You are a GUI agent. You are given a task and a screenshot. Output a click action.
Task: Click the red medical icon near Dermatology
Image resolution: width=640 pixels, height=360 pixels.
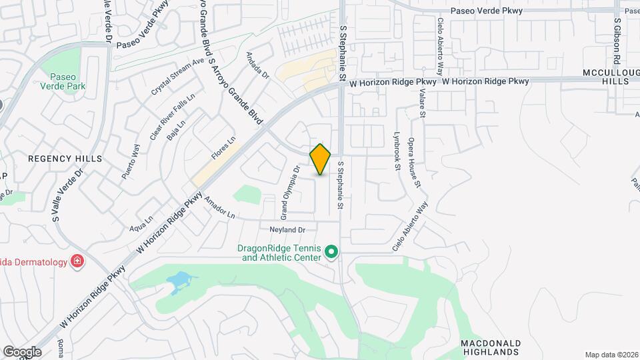[x=78, y=261]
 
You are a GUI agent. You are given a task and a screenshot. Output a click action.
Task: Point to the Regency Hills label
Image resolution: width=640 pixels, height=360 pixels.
[x=65, y=159]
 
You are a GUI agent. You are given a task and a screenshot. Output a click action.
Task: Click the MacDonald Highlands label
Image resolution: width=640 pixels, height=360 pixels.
[x=491, y=347]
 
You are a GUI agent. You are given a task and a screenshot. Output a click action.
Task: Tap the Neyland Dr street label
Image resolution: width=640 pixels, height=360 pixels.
[x=287, y=230]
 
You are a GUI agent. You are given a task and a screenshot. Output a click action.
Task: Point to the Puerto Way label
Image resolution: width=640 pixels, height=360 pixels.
[x=131, y=163]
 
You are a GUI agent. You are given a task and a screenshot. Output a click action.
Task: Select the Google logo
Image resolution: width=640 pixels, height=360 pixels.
[x=22, y=351]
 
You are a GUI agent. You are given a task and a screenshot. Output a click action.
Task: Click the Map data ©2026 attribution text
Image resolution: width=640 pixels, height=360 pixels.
[x=611, y=355]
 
